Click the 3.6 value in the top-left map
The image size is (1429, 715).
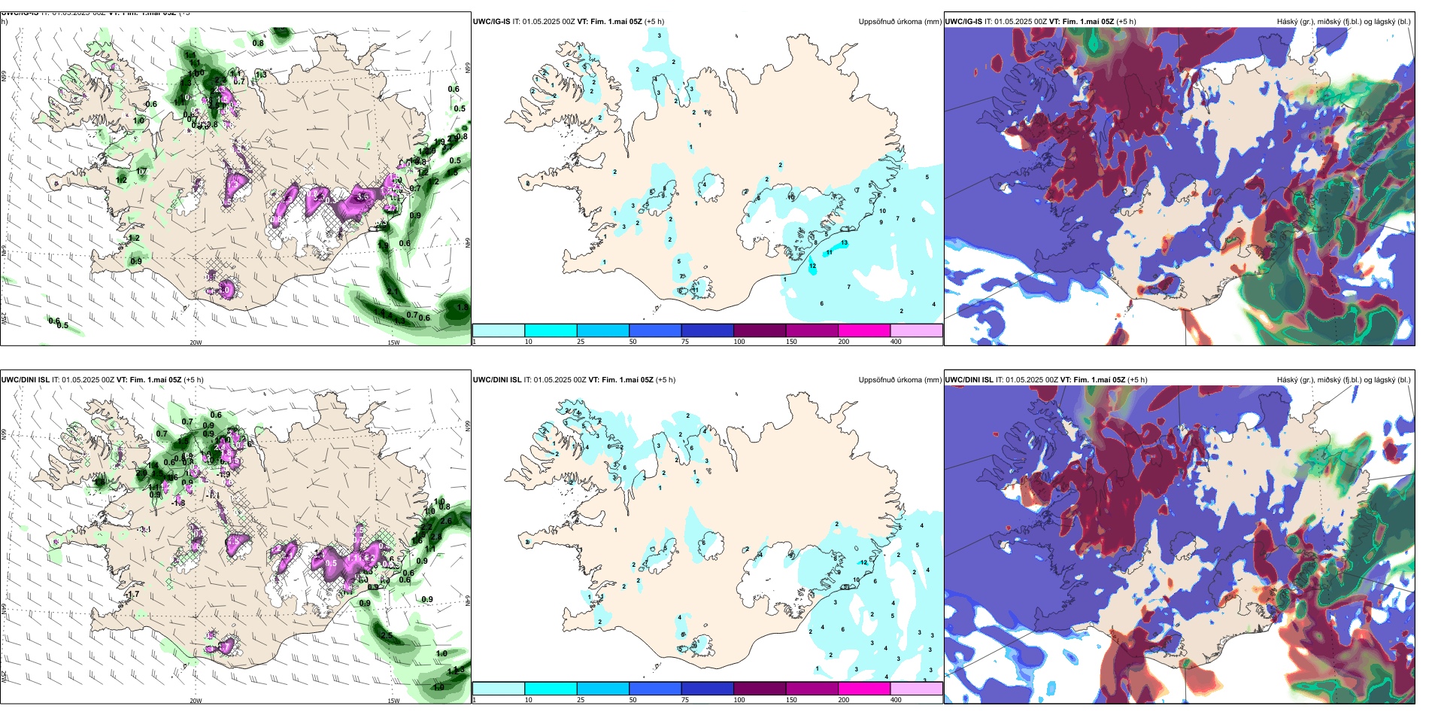pyautogui.click(x=363, y=196)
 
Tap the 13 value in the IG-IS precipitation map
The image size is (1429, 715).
pyautogui.click(x=845, y=243)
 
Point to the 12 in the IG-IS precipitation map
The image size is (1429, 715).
pyautogui.click(x=812, y=266)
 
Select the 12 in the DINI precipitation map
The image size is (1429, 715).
pyautogui.click(x=864, y=562)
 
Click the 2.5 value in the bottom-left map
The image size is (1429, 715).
pyautogui.click(x=387, y=636)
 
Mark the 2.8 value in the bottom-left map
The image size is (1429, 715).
pyautogui.click(x=436, y=537)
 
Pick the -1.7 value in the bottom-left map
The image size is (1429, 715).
pyautogui.click(x=132, y=595)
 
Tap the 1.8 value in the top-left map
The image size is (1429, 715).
pyautogui.click(x=462, y=308)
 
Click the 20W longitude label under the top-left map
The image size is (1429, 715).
pyautogui.click(x=196, y=342)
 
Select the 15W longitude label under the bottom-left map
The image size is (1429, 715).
pyautogui.click(x=393, y=701)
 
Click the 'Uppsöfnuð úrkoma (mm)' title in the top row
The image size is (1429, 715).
pyautogui.click(x=900, y=22)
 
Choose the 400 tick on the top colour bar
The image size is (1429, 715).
pyautogui.click(x=896, y=342)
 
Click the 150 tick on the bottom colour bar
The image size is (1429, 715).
pyautogui.click(x=791, y=700)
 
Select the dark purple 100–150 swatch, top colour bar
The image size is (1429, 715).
pyautogui.click(x=760, y=330)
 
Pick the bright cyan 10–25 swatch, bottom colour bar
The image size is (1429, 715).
pyautogui.click(x=551, y=689)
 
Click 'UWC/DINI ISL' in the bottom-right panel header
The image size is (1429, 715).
pyautogui.click(x=969, y=380)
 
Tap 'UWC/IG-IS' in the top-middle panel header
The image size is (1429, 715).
pyautogui.click(x=491, y=22)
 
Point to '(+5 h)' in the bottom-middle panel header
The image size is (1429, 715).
pyautogui.click(x=665, y=380)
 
